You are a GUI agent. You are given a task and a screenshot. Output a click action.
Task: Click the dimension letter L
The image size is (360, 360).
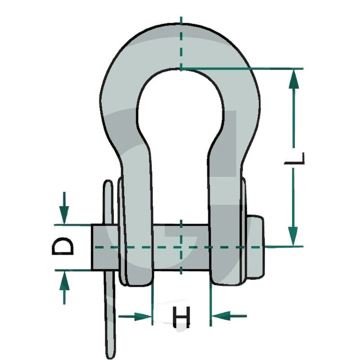coord(295,159)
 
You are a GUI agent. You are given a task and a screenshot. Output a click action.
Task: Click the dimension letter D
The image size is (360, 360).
coord(63,246)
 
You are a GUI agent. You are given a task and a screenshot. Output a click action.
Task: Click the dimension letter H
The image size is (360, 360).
coord(181,317)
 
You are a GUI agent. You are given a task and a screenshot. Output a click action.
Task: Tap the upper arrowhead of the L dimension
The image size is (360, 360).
coord(293,78)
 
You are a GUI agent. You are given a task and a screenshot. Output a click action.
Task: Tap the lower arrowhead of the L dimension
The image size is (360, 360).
coord(293,237)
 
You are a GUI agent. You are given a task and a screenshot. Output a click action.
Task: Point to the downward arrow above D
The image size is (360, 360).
coord(64,207)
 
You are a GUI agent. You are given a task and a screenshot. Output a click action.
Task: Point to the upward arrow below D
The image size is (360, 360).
coord(64,288)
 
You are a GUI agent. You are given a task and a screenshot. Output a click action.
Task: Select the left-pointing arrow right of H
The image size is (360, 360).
coord(229,316)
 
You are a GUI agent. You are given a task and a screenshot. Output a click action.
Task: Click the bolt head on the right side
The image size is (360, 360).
coord(255,247)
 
